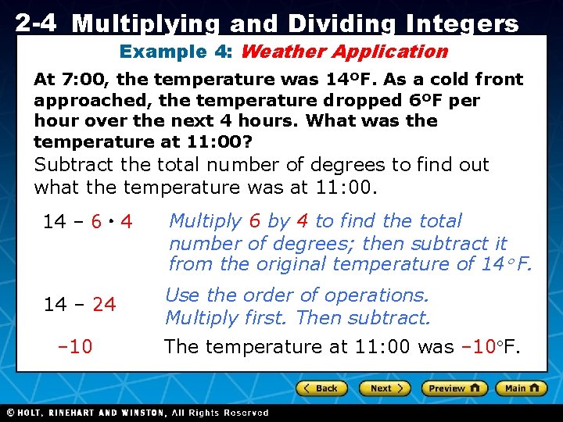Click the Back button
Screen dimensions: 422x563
320,388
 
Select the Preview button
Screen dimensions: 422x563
454,388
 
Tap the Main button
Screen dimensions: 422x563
522,388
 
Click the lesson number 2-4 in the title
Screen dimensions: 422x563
35,23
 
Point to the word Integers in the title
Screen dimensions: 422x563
461,24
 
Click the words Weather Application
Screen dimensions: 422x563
344,52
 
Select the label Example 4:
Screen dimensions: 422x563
178,52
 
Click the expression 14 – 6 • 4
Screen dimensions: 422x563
87,223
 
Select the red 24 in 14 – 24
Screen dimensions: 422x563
104,305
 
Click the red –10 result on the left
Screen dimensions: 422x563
75,346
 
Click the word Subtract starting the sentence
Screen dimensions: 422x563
74,165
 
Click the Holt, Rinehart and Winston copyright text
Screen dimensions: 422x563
137,413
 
